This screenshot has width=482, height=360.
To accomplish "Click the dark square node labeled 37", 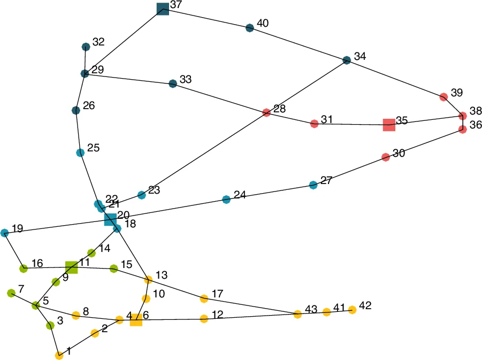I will point(163,9).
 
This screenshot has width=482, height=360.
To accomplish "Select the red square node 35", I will point(389,125).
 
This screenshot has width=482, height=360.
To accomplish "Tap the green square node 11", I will point(71,267).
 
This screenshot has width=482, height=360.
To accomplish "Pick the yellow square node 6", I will point(136,320).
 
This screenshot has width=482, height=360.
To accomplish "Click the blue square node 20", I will point(110,219).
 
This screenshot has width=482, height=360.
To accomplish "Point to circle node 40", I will point(249,28).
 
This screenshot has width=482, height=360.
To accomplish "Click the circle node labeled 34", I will point(347,60).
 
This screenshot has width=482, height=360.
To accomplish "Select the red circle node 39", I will point(443,97).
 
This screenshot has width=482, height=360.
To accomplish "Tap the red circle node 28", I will point(266,112).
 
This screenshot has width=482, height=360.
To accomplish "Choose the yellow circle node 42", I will point(352,309).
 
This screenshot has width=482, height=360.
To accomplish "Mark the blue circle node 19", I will point(5,233).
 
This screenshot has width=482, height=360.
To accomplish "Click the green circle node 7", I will point(11,293).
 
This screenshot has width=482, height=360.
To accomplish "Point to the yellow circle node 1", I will point(59,355).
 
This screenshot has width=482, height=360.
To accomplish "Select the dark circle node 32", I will point(86,47).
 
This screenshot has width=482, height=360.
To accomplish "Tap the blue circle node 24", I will point(226,200).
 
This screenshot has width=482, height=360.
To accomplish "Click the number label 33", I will point(186,79).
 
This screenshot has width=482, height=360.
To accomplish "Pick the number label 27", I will point(326,180).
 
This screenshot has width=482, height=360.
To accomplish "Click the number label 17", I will point(217,294).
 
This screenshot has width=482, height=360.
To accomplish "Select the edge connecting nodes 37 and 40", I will point(206,18).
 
